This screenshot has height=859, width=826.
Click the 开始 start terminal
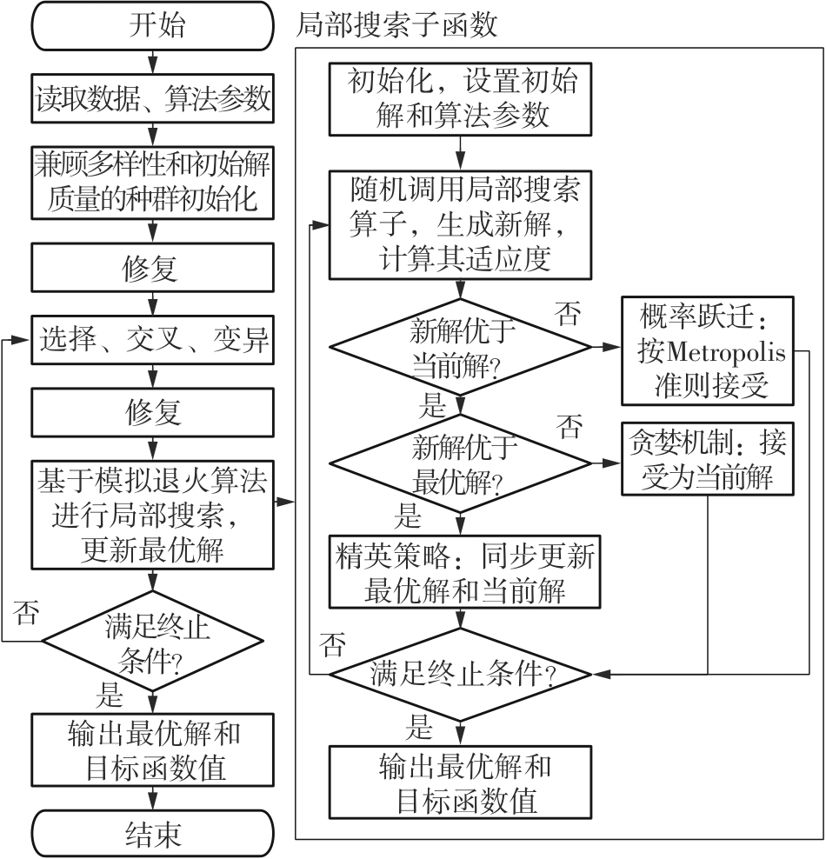pos(153,25)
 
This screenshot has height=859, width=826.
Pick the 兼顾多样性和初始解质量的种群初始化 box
pos(153,183)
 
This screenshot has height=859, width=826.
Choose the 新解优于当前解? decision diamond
pos(459,347)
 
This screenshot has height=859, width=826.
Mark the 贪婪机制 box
pos(707,462)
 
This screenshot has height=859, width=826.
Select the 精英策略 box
pos(463,572)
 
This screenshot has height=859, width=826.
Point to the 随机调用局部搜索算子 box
pos(463,223)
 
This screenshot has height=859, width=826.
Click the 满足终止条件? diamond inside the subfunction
pos(463,674)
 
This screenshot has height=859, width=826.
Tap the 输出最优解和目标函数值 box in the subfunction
pos(463,782)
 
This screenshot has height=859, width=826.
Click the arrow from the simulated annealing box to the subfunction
pos(284,503)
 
